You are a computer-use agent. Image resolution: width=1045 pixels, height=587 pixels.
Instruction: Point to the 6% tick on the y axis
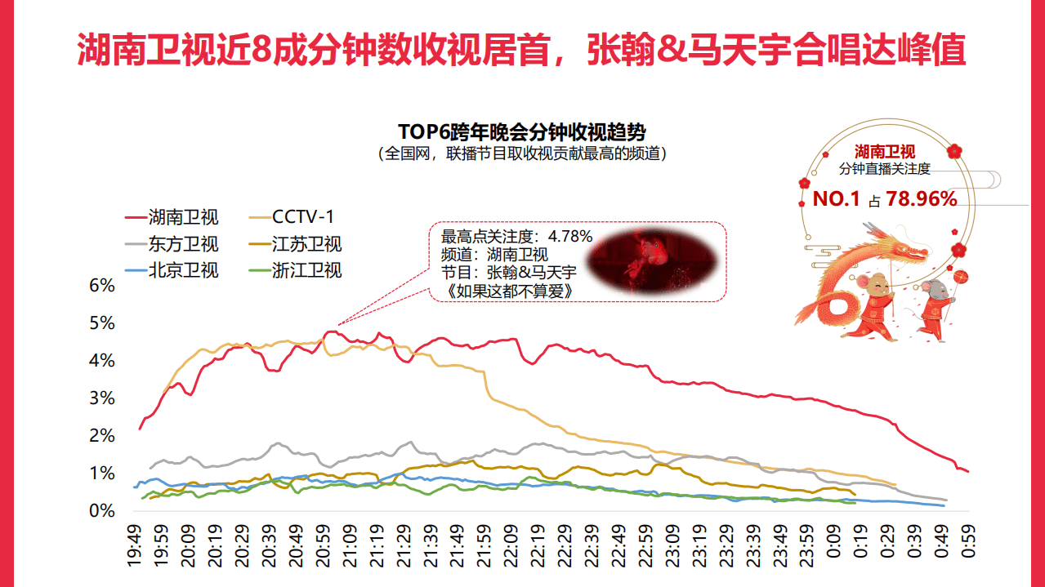(101, 286)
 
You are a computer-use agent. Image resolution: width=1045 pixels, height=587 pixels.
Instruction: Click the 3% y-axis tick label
(101, 398)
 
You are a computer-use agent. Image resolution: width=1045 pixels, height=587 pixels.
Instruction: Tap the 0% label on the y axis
(101, 511)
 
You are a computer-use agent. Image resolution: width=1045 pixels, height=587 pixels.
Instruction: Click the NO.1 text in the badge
(836, 198)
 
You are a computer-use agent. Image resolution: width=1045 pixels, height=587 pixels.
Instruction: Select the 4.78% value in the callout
(570, 237)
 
